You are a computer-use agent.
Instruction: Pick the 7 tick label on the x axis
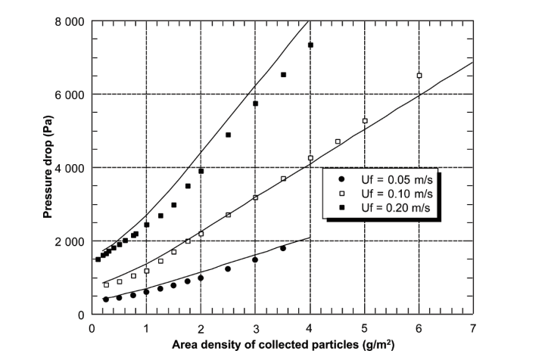pos(473,328)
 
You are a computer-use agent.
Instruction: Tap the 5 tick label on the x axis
pos(364,328)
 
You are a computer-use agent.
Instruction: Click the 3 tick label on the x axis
pos(255,328)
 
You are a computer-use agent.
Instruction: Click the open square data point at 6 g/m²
pos(419,76)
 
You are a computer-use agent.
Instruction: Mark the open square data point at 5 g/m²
pos(365,121)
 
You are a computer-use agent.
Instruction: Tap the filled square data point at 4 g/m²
pos(310,45)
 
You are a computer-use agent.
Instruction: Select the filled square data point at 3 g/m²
pos(256,104)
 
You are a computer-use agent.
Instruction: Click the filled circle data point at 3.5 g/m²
pos(283,248)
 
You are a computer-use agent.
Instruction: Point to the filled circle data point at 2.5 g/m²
pos(228,268)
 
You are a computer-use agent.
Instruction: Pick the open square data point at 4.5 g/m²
pos(338,141)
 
